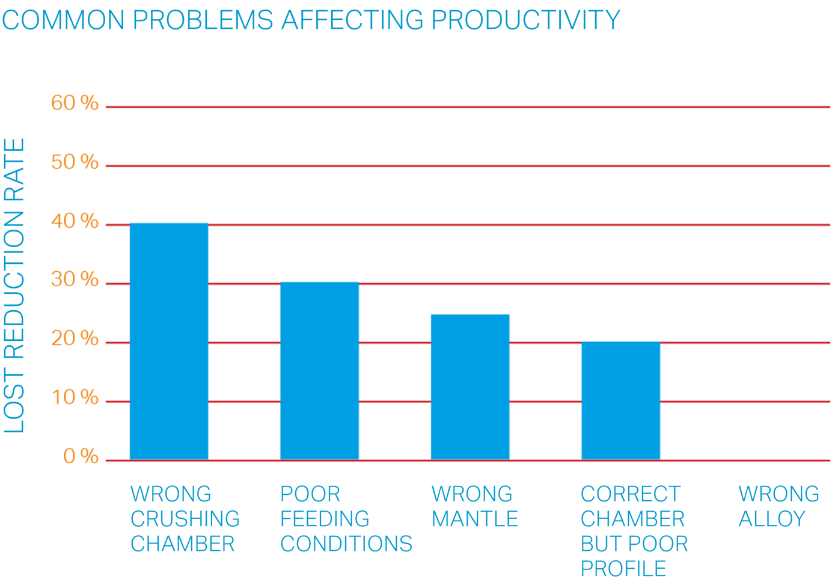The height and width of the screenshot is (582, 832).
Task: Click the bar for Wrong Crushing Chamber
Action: click(169, 341)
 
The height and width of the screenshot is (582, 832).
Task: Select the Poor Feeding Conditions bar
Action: click(320, 370)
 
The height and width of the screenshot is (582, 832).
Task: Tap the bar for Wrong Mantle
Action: click(470, 387)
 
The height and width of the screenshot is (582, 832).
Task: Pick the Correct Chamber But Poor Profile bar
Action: click(620, 400)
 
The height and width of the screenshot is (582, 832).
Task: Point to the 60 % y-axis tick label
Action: click(75, 103)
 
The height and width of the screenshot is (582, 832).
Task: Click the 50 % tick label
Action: click(75, 162)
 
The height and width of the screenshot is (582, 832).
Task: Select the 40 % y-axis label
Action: click(75, 221)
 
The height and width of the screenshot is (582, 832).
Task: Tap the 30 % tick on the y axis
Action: click(75, 280)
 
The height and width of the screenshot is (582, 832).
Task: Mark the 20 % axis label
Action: click(75, 339)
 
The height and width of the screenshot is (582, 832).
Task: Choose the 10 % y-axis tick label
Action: click(75, 397)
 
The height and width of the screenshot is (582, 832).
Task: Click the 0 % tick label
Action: click(81, 456)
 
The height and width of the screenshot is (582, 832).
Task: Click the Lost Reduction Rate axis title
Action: click(14, 286)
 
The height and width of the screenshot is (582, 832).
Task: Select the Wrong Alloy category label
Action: click(778, 506)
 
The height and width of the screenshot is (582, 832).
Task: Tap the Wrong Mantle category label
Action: click(474, 506)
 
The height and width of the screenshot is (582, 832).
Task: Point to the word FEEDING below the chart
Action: click(325, 519)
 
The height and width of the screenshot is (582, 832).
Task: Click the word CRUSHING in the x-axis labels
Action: click(185, 519)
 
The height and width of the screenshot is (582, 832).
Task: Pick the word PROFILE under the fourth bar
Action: click(623, 569)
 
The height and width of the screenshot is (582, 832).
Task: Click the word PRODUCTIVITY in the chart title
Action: click(525, 20)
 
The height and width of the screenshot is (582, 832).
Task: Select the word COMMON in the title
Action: click(63, 20)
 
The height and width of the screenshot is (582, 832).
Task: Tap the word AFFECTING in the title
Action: click(352, 20)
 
